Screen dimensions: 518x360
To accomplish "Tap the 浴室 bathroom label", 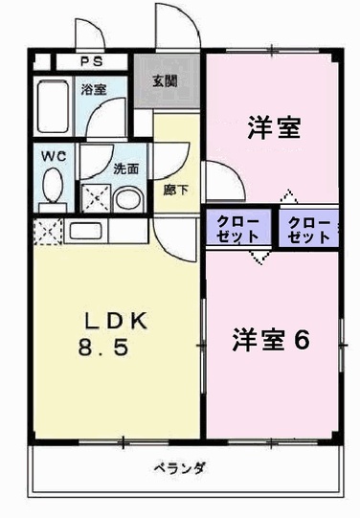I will pos(93,90).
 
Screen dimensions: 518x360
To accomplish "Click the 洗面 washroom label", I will pos(125,169).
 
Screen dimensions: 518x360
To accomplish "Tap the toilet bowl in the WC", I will pos(52,191).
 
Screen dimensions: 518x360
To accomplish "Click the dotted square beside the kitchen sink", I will pos(46,231).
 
